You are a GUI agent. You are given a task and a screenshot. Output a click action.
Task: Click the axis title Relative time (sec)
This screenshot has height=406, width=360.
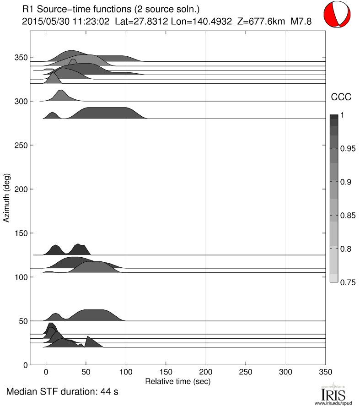[177, 380]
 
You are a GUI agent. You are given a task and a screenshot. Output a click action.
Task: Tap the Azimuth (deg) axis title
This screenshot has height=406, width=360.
[7, 198]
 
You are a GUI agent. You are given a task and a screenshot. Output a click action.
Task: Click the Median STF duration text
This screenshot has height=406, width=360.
[63, 392]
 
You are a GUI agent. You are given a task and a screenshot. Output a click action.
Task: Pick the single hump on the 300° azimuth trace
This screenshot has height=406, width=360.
[61, 96]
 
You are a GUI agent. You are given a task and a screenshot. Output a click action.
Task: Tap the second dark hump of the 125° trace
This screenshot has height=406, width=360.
[81, 249]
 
